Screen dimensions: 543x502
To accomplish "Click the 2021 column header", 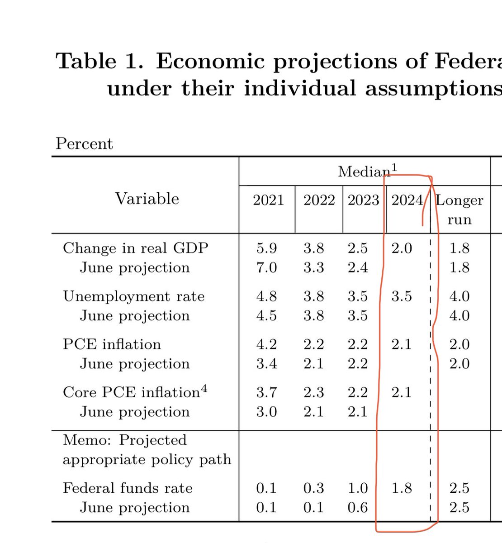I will [268, 200].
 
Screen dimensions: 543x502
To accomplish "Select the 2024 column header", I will [407, 200].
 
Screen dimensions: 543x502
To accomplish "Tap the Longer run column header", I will [459, 210].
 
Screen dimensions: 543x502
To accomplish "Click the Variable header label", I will [147, 199].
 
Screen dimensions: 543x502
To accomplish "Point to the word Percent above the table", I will [84, 143].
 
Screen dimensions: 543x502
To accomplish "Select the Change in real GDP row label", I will [135, 248].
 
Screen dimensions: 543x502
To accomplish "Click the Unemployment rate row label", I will [133, 296].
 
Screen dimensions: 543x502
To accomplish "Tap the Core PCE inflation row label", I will [131, 392].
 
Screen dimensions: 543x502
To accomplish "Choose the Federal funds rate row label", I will [128, 488].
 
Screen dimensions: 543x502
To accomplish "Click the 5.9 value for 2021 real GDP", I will [266, 248].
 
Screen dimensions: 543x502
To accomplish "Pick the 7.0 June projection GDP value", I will [266, 267].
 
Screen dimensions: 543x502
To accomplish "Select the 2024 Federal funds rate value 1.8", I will [402, 488].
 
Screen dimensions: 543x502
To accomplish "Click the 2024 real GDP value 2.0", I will [402, 248].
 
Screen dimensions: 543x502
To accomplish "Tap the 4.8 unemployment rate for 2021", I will [266, 296].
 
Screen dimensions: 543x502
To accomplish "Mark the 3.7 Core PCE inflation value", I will [266, 392].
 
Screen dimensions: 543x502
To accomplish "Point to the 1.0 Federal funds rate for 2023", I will [357, 488].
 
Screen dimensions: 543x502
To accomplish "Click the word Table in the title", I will [86, 61].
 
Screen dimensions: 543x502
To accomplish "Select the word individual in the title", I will [300, 88].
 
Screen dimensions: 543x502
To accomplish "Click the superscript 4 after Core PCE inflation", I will [204, 388].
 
